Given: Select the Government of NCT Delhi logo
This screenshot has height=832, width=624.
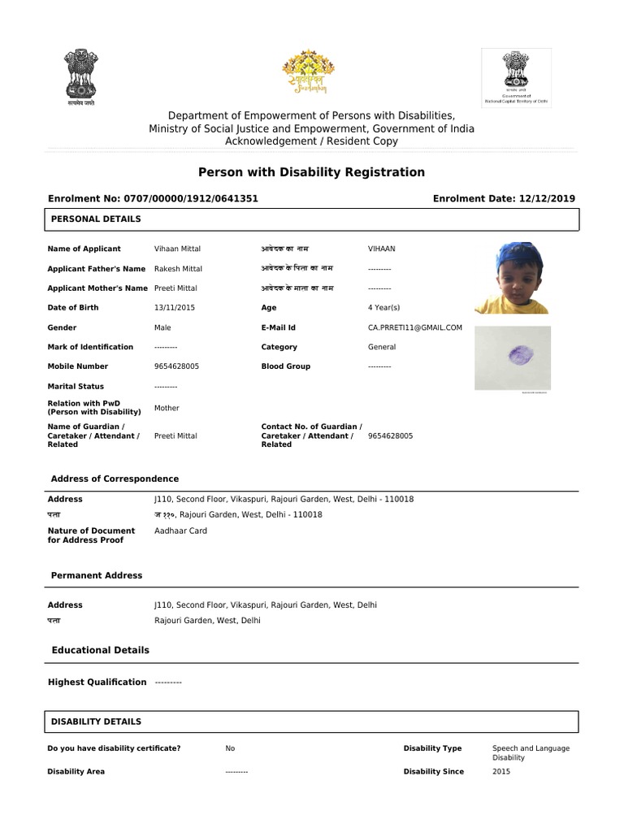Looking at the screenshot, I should click(516, 76).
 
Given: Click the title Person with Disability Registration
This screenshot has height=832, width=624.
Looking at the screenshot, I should click(311, 172).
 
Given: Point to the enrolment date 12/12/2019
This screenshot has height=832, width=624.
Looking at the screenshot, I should click(548, 198).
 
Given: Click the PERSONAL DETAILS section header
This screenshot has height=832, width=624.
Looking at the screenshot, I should click(96, 219).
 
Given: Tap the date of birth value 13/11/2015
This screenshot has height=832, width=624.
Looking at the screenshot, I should click(175, 308).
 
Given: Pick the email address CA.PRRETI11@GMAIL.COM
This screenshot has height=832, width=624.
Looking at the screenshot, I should click(414, 327).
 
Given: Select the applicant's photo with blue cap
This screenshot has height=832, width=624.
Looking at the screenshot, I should click(511, 277).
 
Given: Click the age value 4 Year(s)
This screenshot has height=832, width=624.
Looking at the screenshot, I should click(383, 308).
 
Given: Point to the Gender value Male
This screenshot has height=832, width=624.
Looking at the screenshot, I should click(162, 327).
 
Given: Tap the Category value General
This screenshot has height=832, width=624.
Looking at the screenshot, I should click(382, 347).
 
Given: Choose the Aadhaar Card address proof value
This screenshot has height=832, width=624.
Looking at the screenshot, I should click(180, 531).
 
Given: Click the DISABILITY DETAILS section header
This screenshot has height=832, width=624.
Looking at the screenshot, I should click(96, 721).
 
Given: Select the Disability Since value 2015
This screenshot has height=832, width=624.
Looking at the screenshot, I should click(501, 771).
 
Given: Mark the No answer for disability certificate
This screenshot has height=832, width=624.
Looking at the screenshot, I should click(230, 748).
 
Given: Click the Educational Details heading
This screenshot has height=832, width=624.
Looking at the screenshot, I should click(100, 650).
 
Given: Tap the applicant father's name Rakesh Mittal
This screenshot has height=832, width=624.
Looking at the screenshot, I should click(178, 269).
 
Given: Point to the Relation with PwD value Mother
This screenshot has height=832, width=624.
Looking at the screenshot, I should click(167, 408).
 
